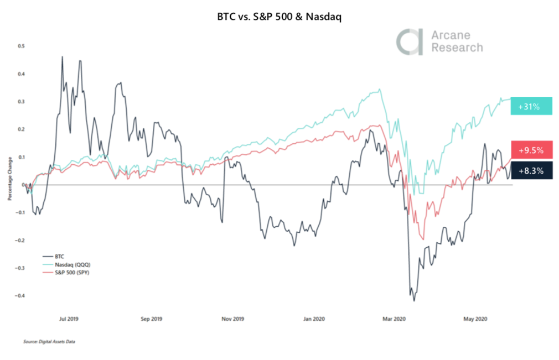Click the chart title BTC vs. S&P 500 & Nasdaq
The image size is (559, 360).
point(279,17)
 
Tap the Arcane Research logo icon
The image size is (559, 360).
point(408,42)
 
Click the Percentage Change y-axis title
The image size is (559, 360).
point(9,184)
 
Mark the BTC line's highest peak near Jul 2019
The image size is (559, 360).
point(62,56)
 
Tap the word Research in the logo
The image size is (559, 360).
point(457,48)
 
